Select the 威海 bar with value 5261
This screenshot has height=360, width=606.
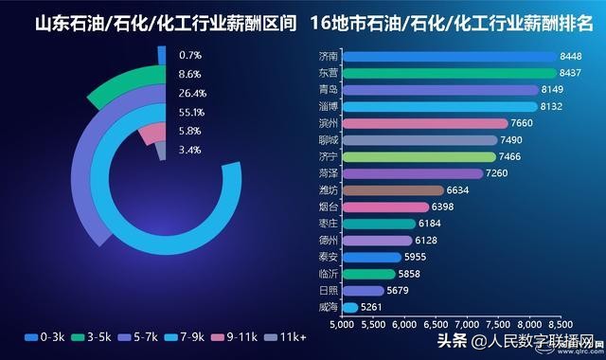348,307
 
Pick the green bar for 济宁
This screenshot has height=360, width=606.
418,156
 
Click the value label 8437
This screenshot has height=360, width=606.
571,73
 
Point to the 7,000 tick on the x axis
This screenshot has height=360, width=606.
466,325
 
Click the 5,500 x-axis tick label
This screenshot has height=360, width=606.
372,325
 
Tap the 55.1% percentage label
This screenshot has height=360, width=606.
191,113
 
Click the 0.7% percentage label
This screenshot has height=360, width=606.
191,56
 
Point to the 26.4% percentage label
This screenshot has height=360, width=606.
191,94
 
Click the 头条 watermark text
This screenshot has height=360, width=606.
451,341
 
